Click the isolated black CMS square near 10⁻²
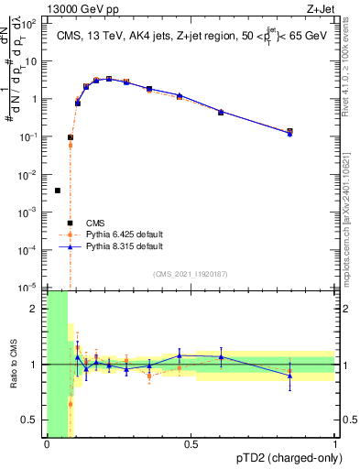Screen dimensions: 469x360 (58, 191)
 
